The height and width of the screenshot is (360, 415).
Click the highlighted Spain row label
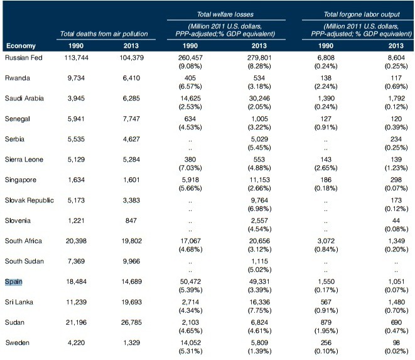[13, 281]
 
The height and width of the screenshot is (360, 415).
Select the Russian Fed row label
[24, 58]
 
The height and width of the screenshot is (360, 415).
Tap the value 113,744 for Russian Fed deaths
[76, 58]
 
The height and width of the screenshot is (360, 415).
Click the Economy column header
[21, 46]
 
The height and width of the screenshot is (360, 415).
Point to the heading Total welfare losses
[225, 14]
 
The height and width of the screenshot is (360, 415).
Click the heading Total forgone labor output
[362, 14]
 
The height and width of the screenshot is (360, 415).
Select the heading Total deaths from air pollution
[104, 34]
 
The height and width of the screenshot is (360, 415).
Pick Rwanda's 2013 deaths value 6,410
[131, 78]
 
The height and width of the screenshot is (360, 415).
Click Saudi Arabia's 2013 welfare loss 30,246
[259, 99]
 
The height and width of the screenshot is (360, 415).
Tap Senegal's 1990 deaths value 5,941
[76, 119]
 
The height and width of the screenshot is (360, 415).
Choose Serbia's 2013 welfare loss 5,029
[259, 139]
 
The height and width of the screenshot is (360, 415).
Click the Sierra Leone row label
[24, 160]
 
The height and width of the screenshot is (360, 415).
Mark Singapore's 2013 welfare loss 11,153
[259, 180]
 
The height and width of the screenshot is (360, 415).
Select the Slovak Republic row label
[29, 200]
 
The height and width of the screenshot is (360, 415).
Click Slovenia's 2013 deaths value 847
[131, 221]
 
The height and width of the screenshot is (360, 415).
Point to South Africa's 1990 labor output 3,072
[326, 241]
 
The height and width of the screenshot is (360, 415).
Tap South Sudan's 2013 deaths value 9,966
[131, 261]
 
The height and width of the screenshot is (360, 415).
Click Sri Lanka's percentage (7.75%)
[259, 310]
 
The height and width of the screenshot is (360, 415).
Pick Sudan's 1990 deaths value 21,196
[76, 322]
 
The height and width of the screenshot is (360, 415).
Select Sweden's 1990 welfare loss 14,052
[190, 343]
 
